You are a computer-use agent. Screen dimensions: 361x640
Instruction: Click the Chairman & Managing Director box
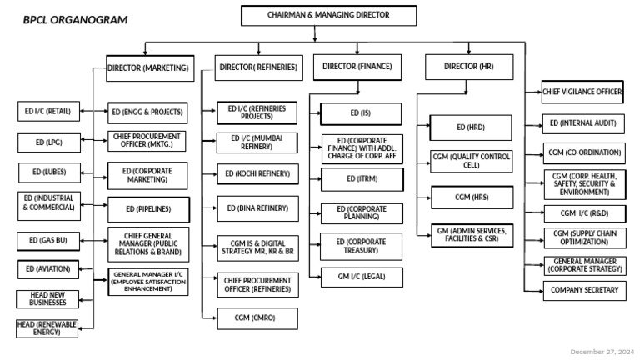coord(316,15)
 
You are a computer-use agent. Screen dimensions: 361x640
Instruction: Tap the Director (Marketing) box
coord(149,67)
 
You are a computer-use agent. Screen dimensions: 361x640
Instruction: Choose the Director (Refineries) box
coord(257,67)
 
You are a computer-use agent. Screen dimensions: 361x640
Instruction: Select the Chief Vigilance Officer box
coord(582,92)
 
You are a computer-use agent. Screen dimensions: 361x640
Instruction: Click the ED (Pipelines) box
coord(147,208)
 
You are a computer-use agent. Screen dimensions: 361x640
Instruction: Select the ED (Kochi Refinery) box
coord(257,174)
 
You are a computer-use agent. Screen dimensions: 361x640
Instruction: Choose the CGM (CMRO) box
coord(257,318)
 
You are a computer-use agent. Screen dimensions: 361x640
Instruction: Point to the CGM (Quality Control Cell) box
coord(471,161)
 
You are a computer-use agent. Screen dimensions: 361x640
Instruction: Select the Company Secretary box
coord(584,290)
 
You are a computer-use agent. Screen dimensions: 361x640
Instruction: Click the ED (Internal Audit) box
coord(583,123)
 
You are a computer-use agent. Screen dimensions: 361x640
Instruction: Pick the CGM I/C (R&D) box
coord(583,213)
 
